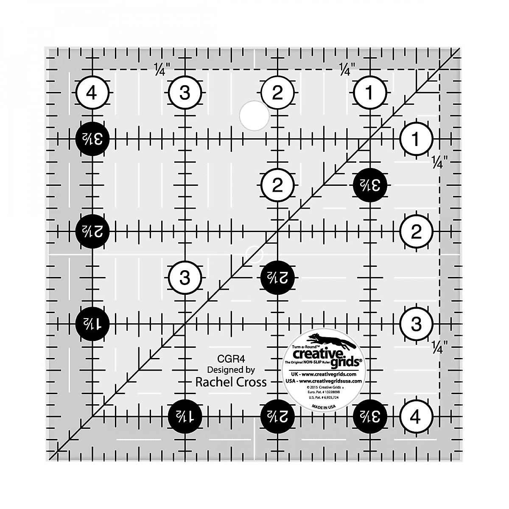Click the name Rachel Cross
231,382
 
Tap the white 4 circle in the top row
93,92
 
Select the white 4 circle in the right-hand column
416,417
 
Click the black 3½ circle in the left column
92,139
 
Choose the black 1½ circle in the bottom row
185,417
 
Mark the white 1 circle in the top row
370,92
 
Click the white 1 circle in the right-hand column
416,139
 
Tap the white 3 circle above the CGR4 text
185,278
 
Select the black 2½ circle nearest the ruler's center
278,278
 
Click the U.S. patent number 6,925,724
323,399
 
